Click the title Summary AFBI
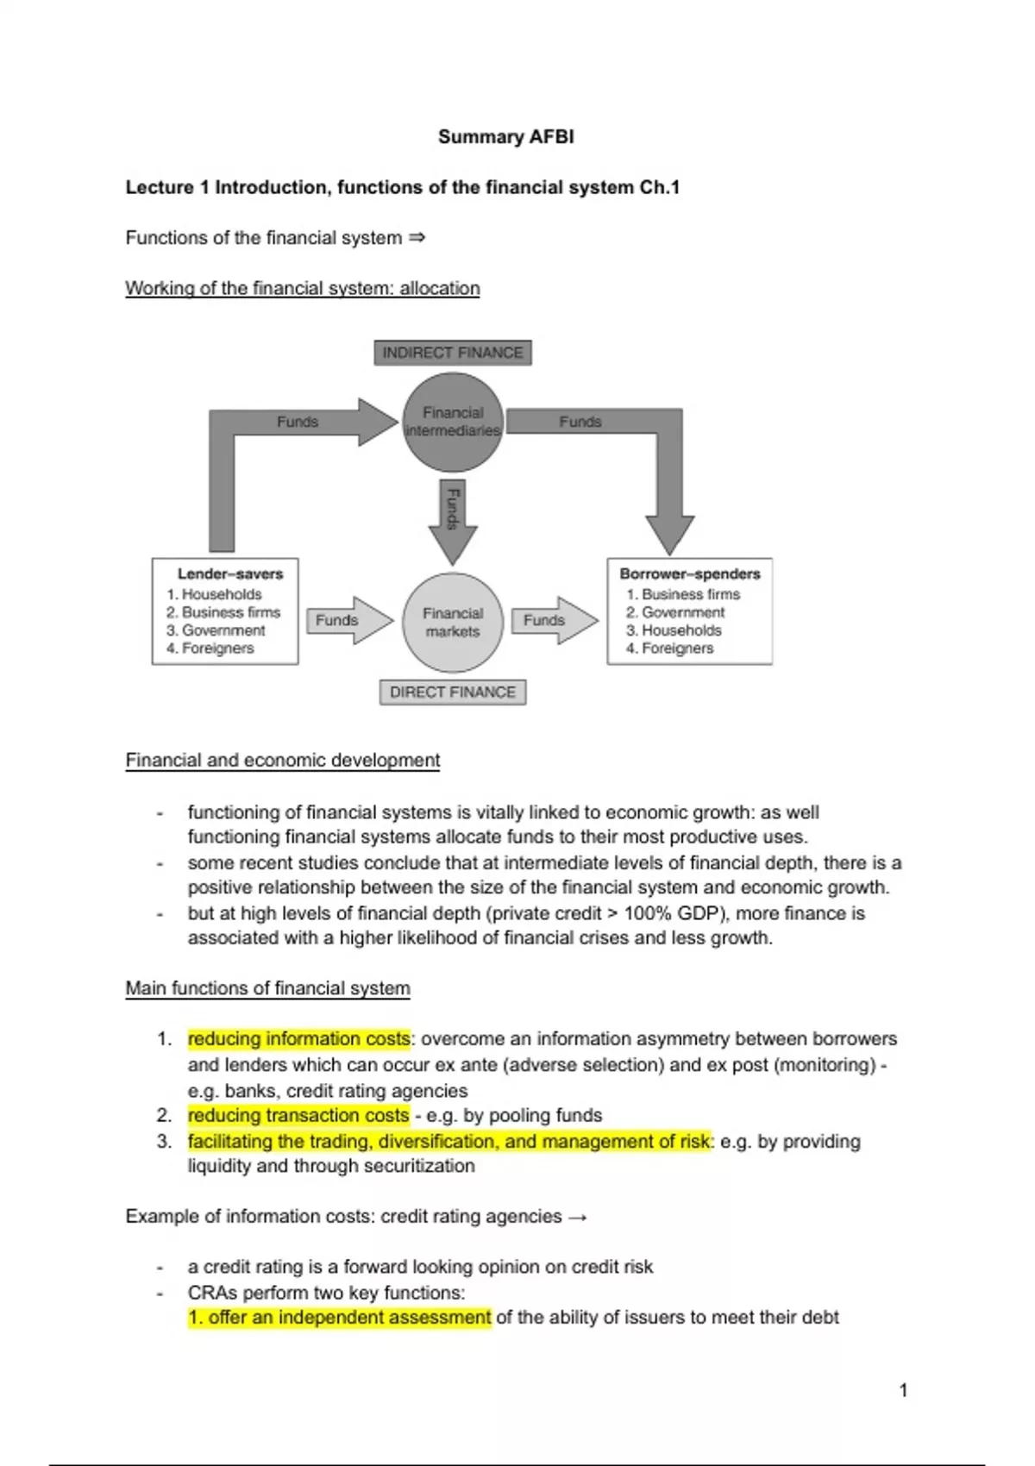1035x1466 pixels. click(x=505, y=136)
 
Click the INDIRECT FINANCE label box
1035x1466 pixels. click(x=453, y=353)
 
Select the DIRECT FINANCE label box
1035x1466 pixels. click(x=453, y=692)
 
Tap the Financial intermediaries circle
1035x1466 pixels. click(x=453, y=422)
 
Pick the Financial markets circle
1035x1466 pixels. click(x=453, y=622)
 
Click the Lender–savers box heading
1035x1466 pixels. click(x=230, y=573)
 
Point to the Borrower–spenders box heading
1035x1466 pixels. click(x=690, y=573)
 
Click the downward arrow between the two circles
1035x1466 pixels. click(x=453, y=520)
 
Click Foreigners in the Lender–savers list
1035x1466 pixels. click(x=217, y=648)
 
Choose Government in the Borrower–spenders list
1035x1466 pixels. click(x=683, y=612)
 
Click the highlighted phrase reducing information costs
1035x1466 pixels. click(x=298, y=1038)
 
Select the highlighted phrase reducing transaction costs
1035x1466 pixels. click(x=298, y=1115)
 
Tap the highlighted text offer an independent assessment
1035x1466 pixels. click(x=340, y=1318)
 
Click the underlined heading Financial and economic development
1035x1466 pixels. click(x=282, y=761)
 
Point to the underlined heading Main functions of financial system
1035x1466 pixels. click(x=267, y=988)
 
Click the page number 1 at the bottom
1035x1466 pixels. click(x=903, y=1390)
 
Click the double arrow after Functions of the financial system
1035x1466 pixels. click(x=417, y=237)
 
